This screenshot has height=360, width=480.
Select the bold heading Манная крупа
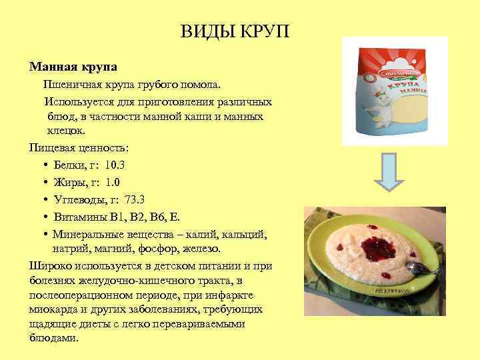click(x=73, y=67)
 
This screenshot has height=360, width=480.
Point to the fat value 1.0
click(x=113, y=181)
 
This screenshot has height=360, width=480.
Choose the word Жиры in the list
click(x=68, y=181)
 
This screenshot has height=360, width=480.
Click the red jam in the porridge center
click(x=373, y=246)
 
